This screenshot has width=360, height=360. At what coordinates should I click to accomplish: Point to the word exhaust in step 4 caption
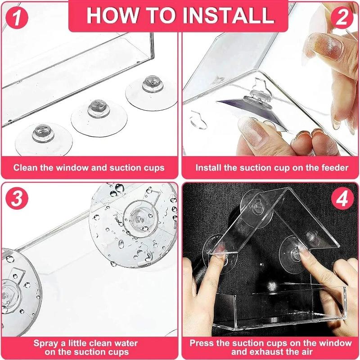270,352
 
